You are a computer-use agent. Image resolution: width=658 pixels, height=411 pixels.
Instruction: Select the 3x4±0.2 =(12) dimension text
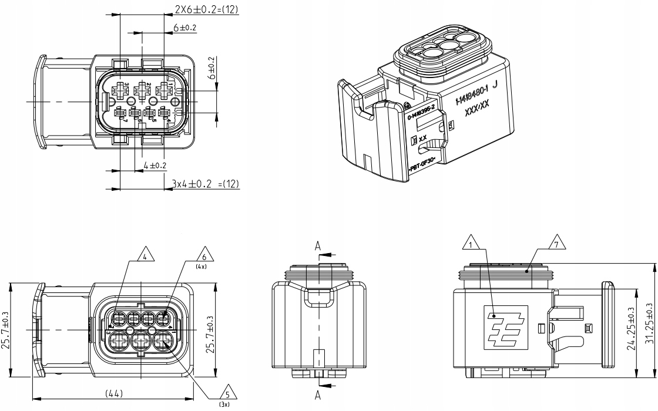point(207,184)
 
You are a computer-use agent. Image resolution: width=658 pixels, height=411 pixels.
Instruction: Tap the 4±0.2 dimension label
point(154,166)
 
